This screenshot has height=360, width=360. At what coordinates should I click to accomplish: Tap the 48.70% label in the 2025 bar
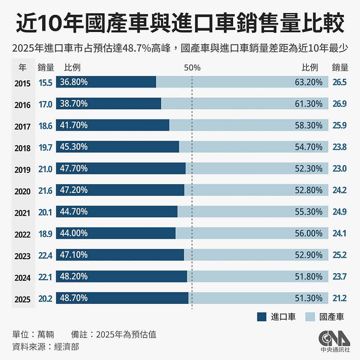tap(74, 298)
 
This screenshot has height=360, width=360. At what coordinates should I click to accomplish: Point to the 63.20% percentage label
tap(309, 82)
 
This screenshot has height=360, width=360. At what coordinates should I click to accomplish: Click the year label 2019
tap(22, 170)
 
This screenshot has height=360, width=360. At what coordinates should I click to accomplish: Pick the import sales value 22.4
tap(45, 256)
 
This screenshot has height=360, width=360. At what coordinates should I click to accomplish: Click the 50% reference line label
tap(192, 67)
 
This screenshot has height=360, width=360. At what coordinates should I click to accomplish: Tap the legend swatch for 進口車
tap(262, 317)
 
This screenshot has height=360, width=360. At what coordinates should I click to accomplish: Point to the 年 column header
tap(22, 67)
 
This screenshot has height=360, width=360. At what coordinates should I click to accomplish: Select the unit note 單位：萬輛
tap(33, 334)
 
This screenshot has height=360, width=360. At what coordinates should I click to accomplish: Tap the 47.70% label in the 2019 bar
tap(74, 168)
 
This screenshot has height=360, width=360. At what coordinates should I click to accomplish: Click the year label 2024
tap(22, 277)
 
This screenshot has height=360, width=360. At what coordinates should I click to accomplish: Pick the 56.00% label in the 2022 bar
tap(309, 233)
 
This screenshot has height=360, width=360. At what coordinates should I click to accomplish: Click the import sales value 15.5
tap(45, 82)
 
